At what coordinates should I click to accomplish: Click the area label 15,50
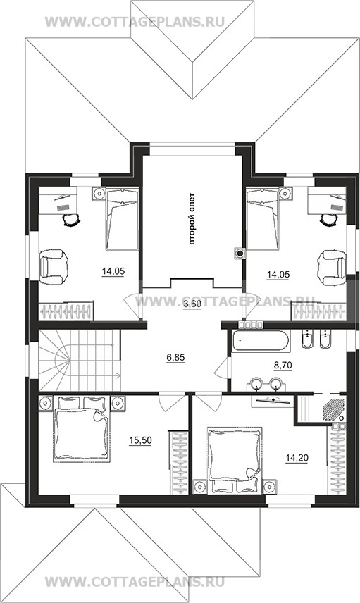tap(140, 440)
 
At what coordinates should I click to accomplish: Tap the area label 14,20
tap(297, 458)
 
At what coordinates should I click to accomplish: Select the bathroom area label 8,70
tap(283, 366)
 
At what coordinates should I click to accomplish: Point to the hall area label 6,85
tap(175, 357)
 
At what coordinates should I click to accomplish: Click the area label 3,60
tap(192, 304)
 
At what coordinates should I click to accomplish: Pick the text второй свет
tap(192, 218)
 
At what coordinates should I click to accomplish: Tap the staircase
tap(80, 360)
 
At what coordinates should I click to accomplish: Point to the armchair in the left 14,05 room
tap(54, 268)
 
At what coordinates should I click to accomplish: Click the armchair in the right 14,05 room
tap(332, 268)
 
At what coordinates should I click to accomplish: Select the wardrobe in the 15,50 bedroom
tap(179, 463)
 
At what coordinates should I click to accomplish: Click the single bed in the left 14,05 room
tap(122, 219)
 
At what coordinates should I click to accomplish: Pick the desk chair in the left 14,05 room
tap(71, 220)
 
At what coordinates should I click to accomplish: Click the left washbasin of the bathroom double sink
tap(256, 383)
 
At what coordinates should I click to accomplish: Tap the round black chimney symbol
tap(240, 253)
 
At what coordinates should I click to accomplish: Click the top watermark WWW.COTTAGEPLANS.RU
tap(135, 22)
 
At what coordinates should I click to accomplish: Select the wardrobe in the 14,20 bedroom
tap(337, 459)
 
